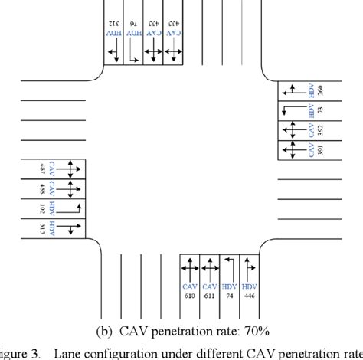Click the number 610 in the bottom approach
188,295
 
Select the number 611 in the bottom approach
209,295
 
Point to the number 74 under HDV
229,295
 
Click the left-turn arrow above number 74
229,267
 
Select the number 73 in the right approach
319,111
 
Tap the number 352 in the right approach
319,130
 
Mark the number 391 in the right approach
319,150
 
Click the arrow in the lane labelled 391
290,150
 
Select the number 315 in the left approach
42,228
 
